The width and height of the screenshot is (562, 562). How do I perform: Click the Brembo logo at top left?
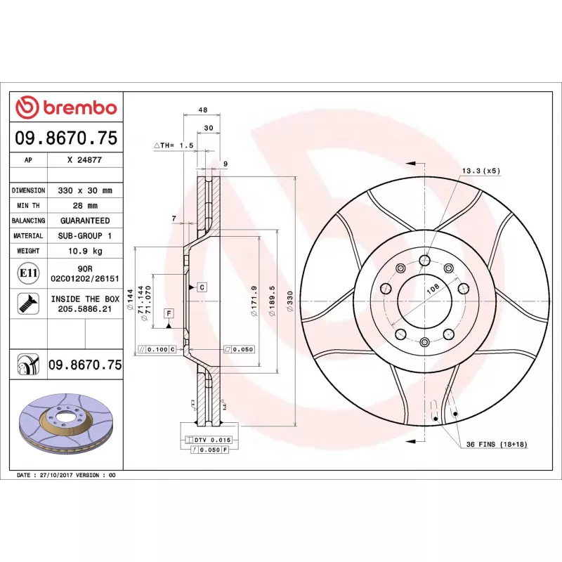(66, 107)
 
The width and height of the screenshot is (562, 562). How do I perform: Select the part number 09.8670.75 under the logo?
(66, 138)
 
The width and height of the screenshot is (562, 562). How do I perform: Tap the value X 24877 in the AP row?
(84, 160)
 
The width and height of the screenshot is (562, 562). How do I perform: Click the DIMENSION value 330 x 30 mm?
(84, 190)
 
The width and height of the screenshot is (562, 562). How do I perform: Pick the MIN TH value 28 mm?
(84, 206)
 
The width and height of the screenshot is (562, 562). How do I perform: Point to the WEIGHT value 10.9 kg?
(84, 251)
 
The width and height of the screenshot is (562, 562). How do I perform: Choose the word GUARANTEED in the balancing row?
(84, 221)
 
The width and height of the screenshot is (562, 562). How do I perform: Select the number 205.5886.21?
(84, 308)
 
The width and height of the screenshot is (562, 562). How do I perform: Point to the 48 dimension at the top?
(202, 110)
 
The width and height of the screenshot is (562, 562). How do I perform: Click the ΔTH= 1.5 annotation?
(173, 145)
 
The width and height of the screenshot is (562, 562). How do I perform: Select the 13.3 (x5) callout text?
(481, 171)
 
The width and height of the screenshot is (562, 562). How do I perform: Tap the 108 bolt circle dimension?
(433, 288)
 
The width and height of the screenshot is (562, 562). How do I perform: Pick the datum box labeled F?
(169, 312)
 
